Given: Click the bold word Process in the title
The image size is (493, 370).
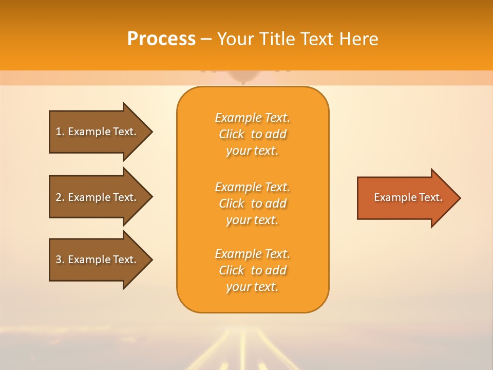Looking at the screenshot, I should (161, 39).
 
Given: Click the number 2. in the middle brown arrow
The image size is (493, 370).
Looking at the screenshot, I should (60, 197).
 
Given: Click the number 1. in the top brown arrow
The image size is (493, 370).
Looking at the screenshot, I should (60, 132).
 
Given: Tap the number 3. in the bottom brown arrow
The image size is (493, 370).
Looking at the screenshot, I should (60, 260).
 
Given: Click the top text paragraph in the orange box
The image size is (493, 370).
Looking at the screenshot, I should (252, 134).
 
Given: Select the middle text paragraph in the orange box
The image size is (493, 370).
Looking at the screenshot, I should (252, 203).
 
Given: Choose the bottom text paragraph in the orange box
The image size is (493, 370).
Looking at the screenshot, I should (252, 270).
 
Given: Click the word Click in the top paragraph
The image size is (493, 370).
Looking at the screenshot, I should (231, 134).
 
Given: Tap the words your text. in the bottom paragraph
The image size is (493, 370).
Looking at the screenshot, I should (252, 287).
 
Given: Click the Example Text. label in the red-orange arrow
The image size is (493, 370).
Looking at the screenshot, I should (408, 197).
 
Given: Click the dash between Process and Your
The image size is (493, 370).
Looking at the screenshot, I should (206, 40).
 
